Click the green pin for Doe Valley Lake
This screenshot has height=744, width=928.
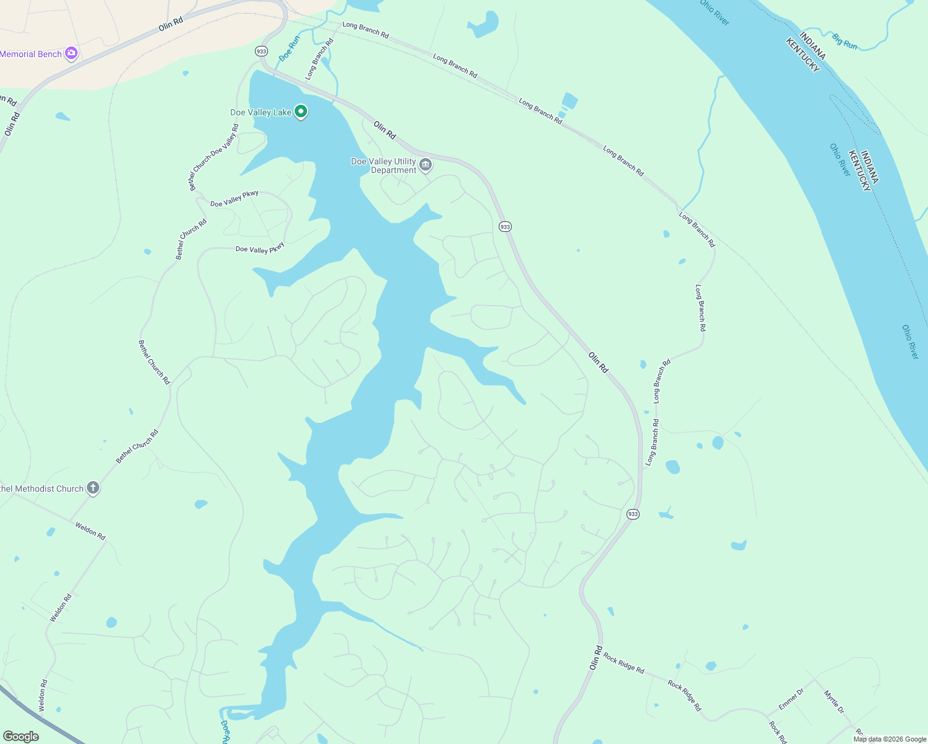301,112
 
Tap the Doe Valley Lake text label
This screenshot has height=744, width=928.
261,112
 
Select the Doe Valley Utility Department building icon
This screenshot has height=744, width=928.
426,165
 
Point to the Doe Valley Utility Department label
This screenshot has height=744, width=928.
384,166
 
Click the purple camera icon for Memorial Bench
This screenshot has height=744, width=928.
71,54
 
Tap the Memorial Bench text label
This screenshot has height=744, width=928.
30,54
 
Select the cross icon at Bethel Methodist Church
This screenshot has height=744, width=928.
93,488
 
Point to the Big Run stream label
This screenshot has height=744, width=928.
844,41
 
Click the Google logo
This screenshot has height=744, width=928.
20,737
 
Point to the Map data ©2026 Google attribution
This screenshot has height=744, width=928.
890,739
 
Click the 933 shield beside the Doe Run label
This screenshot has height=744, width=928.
261,51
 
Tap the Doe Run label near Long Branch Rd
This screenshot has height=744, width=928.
290,48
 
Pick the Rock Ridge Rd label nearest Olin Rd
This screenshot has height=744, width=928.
624,663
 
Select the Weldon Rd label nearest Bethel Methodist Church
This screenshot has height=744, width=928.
91,531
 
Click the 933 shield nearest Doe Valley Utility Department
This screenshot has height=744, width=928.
505,227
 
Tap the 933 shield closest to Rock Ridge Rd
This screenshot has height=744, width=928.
632,514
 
